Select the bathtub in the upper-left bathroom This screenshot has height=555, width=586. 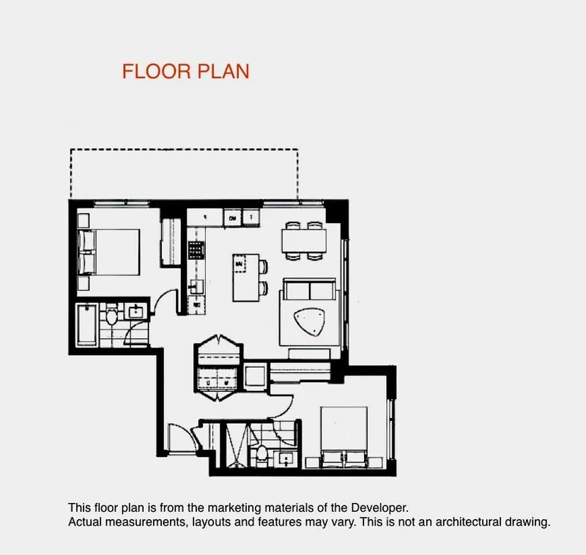(88, 326)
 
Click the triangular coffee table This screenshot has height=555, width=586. (307, 321)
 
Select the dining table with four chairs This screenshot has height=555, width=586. (303, 241)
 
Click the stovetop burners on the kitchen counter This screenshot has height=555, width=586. (196, 251)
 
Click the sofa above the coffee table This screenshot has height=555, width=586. (308, 290)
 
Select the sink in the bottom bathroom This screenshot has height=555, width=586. (284, 459)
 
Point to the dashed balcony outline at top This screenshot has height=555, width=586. (183, 150)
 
